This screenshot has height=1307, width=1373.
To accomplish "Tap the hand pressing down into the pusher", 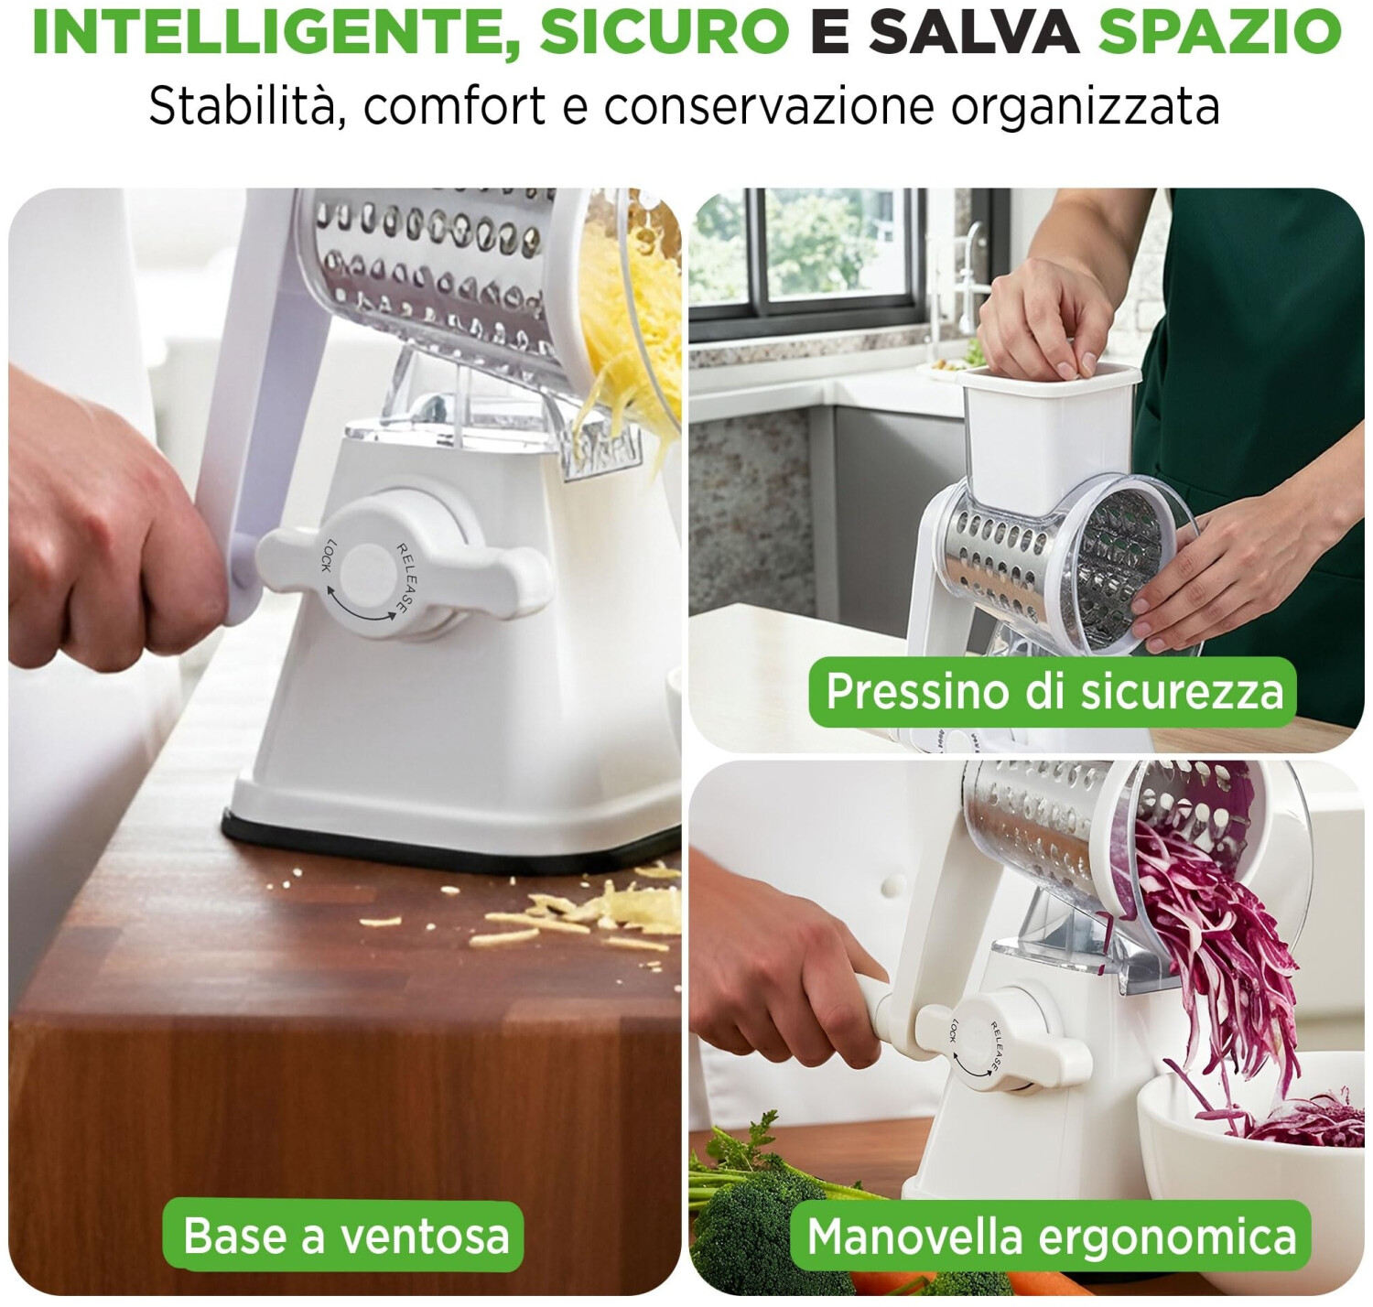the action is point(1044,314).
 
